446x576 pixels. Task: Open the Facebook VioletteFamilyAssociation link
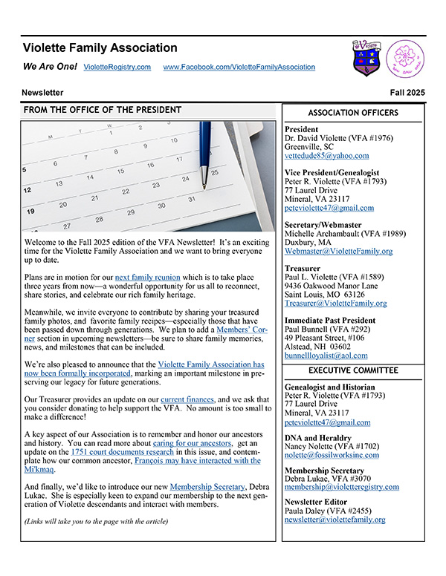[239, 67]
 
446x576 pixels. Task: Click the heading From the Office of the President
[103, 110]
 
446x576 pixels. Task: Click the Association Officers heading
[353, 113]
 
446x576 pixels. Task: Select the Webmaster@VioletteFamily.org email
[339, 252]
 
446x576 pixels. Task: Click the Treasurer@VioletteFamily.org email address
[336, 303]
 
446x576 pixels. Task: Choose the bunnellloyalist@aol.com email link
[327, 356]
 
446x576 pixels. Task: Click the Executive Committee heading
[353, 370]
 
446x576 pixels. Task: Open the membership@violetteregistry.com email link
[342, 488]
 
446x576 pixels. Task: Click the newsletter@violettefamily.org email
[335, 520]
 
